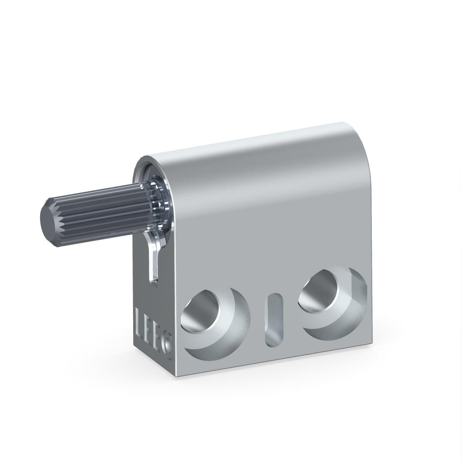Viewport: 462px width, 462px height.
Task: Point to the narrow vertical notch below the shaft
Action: [x=153, y=262]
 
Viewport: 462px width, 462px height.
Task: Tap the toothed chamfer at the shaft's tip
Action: [x=56, y=221]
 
